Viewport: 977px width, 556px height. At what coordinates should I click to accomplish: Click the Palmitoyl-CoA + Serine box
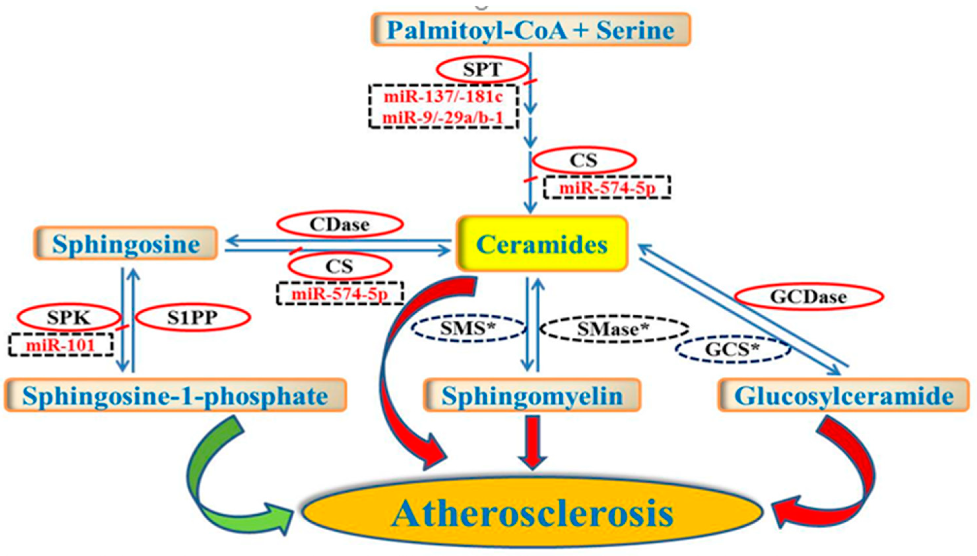pos(531,30)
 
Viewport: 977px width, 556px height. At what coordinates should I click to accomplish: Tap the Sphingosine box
pos(126,244)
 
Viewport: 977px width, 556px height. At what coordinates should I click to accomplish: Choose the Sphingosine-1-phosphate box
pos(175,396)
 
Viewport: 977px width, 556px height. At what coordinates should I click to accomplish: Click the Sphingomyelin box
pos(532,396)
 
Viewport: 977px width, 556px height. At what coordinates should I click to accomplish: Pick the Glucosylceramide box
pos(843,396)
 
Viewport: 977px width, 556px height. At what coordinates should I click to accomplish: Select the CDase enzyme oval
pos(340,225)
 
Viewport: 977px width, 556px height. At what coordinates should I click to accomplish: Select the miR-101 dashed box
pos(61,345)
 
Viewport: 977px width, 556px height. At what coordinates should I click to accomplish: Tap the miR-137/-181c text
pos(443,97)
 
